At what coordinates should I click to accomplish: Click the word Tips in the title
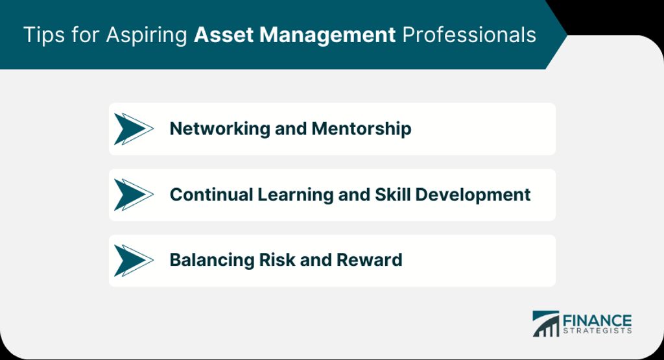click(43, 35)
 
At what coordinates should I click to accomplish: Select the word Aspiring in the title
click(147, 36)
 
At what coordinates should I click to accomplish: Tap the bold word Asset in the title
click(223, 35)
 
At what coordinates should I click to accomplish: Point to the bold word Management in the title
click(327, 36)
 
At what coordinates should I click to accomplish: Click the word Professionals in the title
click(469, 35)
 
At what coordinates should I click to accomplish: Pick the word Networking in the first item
click(220, 128)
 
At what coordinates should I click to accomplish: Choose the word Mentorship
click(361, 128)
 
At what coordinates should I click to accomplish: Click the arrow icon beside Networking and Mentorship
click(134, 128)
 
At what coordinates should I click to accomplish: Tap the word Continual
click(211, 195)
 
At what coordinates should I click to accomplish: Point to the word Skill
click(392, 195)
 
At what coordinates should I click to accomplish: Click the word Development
click(473, 195)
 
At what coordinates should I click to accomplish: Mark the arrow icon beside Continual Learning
click(134, 195)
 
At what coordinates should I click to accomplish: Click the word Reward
click(369, 260)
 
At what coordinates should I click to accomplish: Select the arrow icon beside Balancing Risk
click(134, 261)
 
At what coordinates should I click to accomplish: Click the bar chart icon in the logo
click(546, 324)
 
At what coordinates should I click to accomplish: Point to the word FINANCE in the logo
click(597, 320)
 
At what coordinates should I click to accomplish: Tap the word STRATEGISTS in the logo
click(597, 331)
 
